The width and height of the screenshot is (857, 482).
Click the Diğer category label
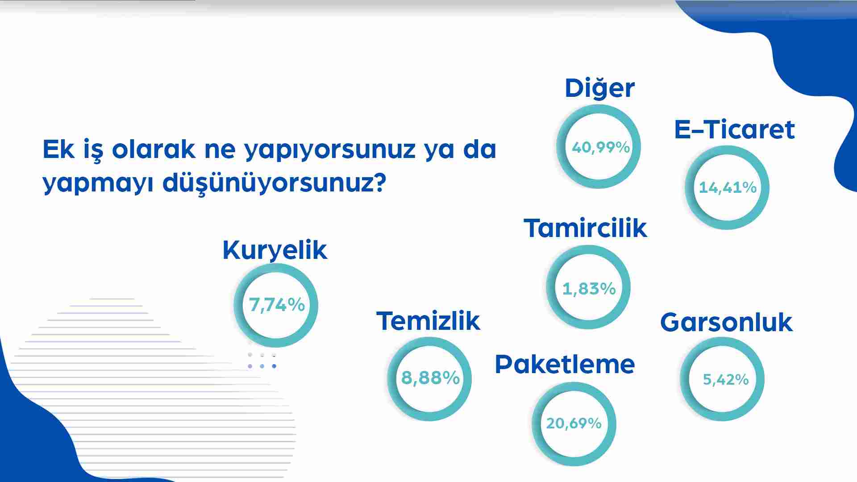tap(599, 89)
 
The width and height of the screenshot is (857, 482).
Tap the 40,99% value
tap(601, 147)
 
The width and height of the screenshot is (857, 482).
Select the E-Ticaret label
tap(734, 130)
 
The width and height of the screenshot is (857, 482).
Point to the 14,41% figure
tap(728, 188)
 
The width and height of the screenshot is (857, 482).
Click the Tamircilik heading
tap(585, 228)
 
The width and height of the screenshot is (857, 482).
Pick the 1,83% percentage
tap(589, 289)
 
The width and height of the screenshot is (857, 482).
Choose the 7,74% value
tap(277, 305)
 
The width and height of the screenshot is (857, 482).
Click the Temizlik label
tap(428, 321)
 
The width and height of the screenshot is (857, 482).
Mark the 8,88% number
tap(430, 378)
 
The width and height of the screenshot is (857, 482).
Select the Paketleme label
tap(565, 364)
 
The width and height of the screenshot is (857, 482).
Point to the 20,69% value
tap(574, 423)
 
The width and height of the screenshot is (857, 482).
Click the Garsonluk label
tap(726, 322)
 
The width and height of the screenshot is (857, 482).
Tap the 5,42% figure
tap(726, 380)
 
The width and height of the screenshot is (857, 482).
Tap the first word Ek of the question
tap(58, 149)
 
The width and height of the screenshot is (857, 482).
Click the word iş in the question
tap(93, 150)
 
